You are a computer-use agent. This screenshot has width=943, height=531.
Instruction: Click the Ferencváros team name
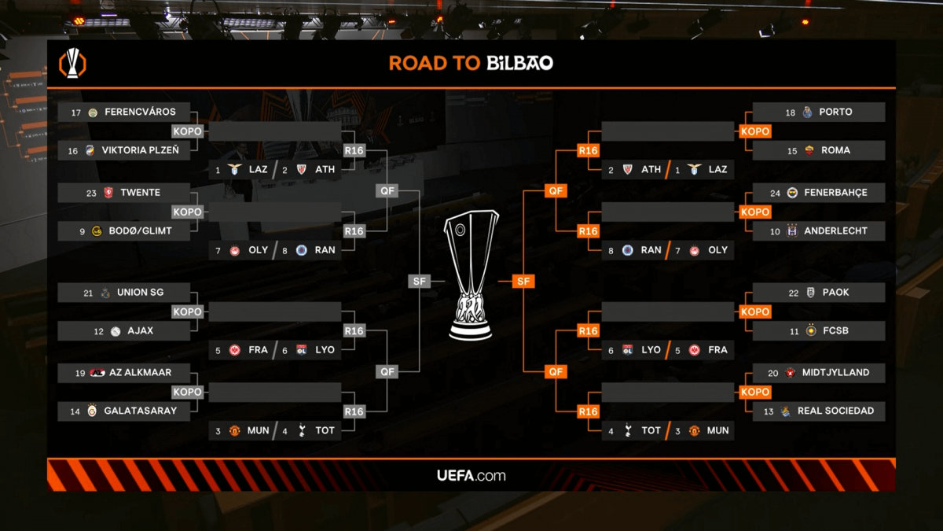[140, 112]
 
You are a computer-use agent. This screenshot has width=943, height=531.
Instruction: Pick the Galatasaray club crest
[92, 411]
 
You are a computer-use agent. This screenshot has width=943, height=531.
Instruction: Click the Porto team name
[835, 112]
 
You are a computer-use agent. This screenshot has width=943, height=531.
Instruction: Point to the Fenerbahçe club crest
[792, 193]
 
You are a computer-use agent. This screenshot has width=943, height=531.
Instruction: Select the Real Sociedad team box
[819, 411]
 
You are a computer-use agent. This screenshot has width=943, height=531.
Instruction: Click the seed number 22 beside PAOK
[793, 293]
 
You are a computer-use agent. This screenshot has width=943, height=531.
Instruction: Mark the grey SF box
[420, 281]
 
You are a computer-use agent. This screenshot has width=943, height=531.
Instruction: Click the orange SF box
[523, 281]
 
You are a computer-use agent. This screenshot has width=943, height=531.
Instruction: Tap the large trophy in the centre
[471, 275]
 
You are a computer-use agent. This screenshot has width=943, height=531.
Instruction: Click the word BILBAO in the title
[519, 63]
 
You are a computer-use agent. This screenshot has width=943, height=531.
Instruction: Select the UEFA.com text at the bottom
[472, 475]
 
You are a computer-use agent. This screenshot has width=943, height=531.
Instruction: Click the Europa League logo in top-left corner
[73, 63]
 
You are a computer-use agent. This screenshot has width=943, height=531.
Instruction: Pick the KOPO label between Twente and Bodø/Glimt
[187, 212]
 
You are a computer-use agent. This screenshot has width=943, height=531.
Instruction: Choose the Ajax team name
[140, 331]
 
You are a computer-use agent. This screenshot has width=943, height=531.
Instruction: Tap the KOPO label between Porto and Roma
[755, 131]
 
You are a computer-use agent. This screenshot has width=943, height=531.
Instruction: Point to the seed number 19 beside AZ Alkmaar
[80, 373]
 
